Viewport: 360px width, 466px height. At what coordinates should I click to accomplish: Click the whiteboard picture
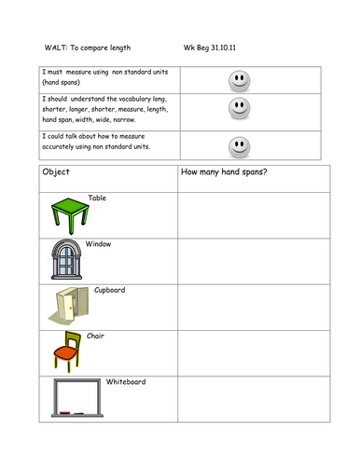pos(77,398)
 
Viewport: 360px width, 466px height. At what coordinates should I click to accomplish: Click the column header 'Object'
pos(57,172)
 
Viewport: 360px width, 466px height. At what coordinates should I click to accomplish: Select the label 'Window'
pos(99,243)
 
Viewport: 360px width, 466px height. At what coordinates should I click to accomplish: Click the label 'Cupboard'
pos(109,290)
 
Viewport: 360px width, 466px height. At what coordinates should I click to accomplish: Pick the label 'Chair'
pos(95,336)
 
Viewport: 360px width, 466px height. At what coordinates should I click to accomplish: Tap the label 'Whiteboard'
pos(125,381)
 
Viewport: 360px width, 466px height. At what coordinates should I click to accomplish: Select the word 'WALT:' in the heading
pos(57,45)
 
